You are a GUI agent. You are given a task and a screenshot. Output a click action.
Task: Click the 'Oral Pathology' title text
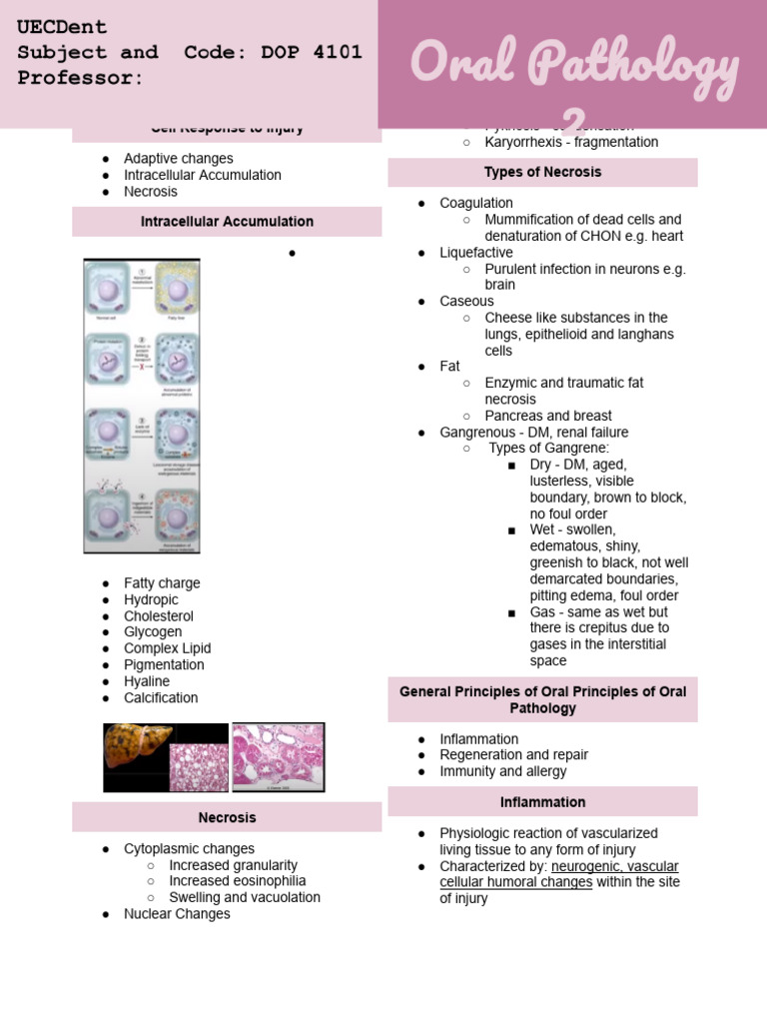[575, 66]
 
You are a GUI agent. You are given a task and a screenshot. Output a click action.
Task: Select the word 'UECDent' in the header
[62, 27]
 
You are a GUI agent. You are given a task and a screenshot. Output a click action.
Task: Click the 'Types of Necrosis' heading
[542, 172]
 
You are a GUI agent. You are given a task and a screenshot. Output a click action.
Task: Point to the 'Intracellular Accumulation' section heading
[227, 222]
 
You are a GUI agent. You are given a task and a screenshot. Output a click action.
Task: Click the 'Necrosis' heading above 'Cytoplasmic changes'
[227, 817]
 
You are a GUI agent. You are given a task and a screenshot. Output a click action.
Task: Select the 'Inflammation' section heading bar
[542, 802]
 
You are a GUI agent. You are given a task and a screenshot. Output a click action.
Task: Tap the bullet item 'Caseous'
[466, 301]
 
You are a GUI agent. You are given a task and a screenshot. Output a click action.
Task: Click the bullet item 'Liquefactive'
[475, 253]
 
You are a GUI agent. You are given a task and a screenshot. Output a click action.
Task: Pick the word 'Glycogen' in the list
[153, 631]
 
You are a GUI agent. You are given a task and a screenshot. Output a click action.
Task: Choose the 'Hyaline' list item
[147, 681]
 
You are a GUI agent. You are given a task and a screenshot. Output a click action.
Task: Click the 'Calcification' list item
[161, 697]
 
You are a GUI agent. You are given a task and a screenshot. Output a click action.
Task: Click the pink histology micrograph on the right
[279, 757]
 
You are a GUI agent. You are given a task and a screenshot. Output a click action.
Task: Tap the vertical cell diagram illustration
[142, 406]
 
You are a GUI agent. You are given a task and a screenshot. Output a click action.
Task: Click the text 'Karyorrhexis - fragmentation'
[571, 142]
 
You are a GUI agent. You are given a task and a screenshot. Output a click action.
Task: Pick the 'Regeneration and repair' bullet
[513, 754]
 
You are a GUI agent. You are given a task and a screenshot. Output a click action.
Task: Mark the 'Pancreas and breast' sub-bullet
[548, 416]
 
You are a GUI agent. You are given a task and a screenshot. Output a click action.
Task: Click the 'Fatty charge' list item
[162, 583]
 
